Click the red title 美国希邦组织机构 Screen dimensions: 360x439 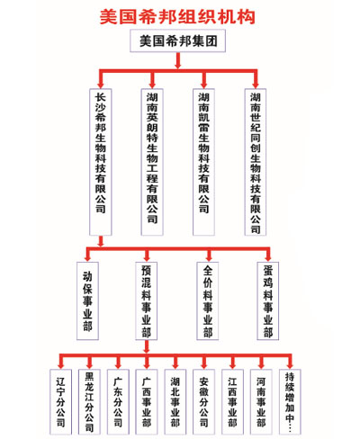coord(177,16)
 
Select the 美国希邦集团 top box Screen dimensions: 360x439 coord(177,40)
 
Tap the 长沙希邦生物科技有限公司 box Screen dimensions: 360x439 coord(101,162)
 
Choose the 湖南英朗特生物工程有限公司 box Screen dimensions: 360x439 coord(152,162)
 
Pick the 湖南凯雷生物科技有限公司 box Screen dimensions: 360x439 coord(203,162)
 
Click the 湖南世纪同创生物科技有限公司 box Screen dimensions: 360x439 coord(256,162)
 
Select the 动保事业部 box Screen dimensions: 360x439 coord(87,300)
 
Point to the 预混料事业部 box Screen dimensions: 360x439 coord(147,300)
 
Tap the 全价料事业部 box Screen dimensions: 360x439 coord(208,300)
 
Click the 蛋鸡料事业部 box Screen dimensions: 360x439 coord(268,300)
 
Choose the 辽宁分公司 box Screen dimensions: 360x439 coord(60,402)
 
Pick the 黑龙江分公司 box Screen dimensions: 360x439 coord(89,402)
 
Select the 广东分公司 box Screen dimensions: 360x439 coord(118,402)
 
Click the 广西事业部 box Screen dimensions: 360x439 coord(147,402)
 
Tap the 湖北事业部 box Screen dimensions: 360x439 coord(175,402)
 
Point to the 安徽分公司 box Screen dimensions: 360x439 coord(203,402)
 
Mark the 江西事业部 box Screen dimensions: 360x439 coord(232,402)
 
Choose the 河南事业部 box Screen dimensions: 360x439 coord(261,402)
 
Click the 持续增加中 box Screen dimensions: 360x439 coord(290,402)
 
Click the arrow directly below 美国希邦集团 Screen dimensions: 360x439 coord(178,60)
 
